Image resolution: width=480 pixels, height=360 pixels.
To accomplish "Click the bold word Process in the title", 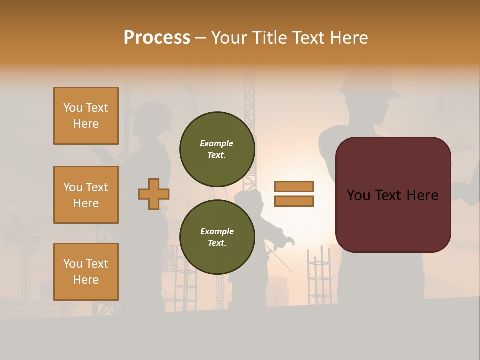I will [157, 37].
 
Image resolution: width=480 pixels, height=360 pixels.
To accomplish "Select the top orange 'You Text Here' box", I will [86, 116].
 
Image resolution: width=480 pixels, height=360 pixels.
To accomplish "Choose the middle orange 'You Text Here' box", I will [86, 195].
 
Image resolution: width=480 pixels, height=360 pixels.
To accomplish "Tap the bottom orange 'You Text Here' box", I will [86, 272].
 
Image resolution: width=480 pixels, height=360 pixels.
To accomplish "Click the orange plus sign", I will [154, 194].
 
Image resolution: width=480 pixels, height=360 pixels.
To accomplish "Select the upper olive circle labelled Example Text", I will [217, 149].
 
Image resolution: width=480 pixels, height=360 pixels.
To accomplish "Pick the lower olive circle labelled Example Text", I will [217, 237].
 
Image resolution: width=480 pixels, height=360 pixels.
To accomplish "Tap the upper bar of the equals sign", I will [294, 186].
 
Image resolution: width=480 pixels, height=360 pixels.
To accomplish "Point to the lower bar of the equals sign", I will [294, 201].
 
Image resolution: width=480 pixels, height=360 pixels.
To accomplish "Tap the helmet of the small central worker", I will [249, 196].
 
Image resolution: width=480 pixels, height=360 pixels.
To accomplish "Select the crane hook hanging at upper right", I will [440, 103].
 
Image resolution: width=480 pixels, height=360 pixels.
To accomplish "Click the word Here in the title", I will [347, 38].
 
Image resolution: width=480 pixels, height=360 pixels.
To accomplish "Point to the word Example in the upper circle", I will [216, 143].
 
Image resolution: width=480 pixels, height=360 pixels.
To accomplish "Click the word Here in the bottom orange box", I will [86, 280].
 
